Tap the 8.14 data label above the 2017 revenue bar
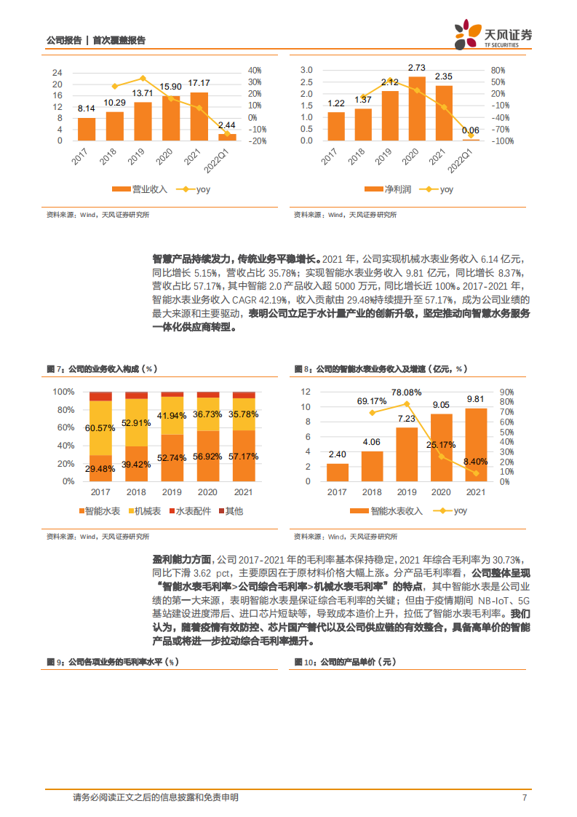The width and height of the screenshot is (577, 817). pyautogui.click(x=87, y=108)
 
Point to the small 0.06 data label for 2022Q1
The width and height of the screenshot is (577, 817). pyautogui.click(x=471, y=130)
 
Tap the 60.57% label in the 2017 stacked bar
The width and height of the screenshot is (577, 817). pyautogui.click(x=100, y=427)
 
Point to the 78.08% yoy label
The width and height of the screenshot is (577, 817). pyautogui.click(x=406, y=392)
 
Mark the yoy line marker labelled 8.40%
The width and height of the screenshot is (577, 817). pyautogui.click(x=475, y=473)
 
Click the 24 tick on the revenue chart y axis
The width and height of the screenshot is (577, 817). pyautogui.click(x=57, y=73)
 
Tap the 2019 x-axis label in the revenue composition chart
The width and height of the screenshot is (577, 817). pyautogui.click(x=172, y=493)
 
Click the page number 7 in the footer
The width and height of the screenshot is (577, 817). pyautogui.click(x=525, y=798)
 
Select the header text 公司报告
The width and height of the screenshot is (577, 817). pyautogui.click(x=63, y=41)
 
